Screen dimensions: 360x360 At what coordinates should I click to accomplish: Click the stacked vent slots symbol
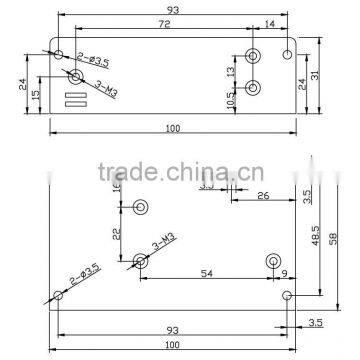[x=71, y=99]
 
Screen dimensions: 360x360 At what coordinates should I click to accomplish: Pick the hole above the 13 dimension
[x=254, y=56]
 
